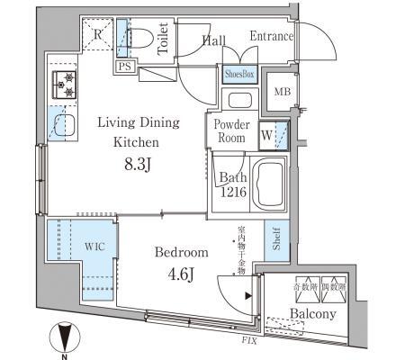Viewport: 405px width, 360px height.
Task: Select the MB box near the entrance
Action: [x=281, y=90]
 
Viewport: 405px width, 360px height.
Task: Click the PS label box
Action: [x=123, y=66]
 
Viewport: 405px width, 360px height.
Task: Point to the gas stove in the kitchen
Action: [x=65, y=85]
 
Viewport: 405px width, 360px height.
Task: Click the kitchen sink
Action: [x=63, y=124]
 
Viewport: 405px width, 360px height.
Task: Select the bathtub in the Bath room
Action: [x=270, y=184]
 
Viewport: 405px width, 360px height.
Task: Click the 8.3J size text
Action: [x=137, y=164]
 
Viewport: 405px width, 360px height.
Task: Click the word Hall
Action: [x=213, y=40]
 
